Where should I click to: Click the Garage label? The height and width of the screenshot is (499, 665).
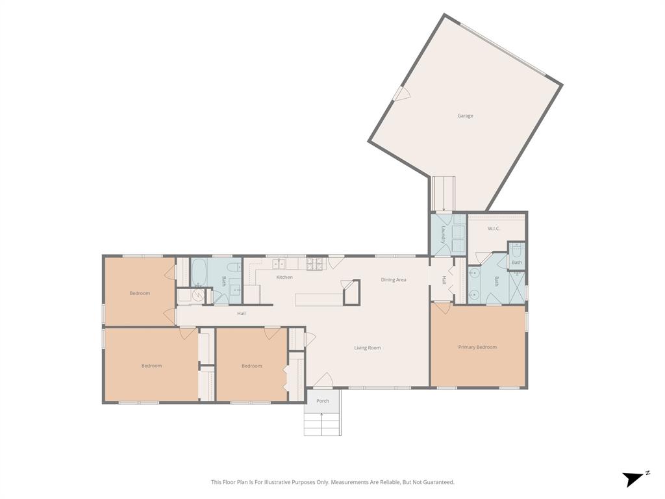click(465, 116)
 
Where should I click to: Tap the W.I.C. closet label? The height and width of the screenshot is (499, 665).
click(494, 229)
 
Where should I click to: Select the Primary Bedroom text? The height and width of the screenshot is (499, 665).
click(477, 347)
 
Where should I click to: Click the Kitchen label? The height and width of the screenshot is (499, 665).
click(284, 277)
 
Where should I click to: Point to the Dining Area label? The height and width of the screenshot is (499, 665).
click(394, 279)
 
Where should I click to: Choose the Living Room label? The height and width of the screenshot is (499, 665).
click(368, 348)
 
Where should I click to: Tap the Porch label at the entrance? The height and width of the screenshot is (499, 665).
click(323, 401)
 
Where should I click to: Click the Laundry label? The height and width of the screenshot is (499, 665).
click(443, 235)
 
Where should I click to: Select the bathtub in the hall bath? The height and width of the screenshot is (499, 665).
click(199, 272)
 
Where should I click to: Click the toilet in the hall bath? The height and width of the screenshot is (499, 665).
click(234, 269)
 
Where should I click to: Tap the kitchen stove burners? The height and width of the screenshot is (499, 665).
click(315, 264)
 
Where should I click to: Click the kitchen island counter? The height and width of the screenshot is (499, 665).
click(318, 299)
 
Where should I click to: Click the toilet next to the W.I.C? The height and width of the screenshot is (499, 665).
click(517, 251)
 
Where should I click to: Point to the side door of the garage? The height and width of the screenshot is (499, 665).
click(401, 95)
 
